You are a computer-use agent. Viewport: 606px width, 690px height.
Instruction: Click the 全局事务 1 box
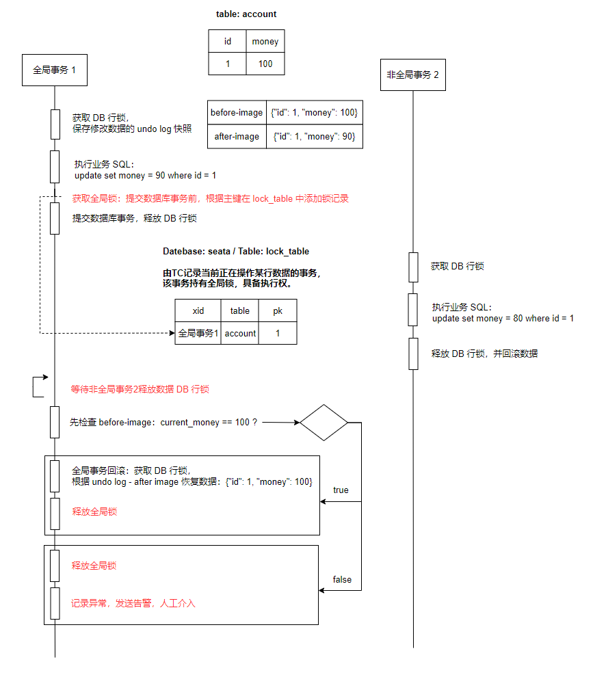[x=55, y=70]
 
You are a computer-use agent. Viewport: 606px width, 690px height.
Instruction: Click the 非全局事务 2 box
[x=413, y=75]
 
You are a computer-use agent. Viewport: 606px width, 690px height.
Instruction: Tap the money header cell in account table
[x=265, y=41]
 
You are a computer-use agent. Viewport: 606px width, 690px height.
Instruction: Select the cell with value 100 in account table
[x=265, y=64]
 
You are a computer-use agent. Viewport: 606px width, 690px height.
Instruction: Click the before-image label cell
[x=237, y=113]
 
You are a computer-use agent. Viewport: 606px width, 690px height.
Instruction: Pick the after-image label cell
[x=237, y=137]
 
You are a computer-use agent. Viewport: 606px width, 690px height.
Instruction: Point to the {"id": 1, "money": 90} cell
[x=314, y=137]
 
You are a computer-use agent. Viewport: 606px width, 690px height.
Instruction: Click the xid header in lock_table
[x=198, y=310]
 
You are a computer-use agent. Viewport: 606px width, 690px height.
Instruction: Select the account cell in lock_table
[x=240, y=333]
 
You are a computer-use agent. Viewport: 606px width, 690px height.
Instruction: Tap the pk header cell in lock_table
[x=278, y=310]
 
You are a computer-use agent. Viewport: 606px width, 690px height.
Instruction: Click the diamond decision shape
[x=324, y=423]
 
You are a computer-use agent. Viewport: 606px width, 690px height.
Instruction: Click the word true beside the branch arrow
[x=341, y=490]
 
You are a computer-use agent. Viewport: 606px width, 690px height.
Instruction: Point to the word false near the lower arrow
[x=342, y=580]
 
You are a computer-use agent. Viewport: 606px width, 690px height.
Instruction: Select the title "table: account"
[x=246, y=14]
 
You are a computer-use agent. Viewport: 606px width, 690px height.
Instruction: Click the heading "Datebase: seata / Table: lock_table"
[x=236, y=252]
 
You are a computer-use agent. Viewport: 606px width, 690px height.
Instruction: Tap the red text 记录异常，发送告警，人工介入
[x=133, y=604]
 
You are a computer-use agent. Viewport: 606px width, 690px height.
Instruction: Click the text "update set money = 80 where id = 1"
[x=503, y=319]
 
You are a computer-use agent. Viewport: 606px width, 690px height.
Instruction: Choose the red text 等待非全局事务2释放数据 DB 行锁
[x=140, y=390]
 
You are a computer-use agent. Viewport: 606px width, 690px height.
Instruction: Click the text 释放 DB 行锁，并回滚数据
[x=484, y=354]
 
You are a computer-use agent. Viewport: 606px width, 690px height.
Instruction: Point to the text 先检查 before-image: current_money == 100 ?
[x=163, y=423]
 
